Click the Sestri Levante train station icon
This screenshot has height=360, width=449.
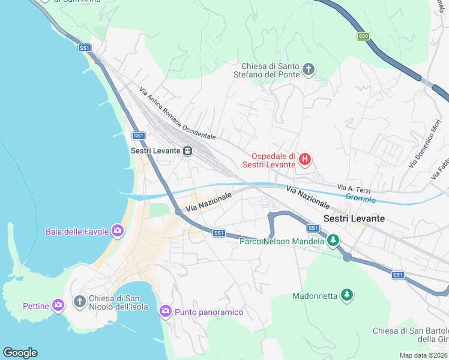click(188, 151)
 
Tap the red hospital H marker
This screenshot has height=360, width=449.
click(305, 159)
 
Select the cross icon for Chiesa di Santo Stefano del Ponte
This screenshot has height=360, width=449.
click(309, 70)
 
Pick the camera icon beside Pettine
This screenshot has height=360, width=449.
click(58, 305)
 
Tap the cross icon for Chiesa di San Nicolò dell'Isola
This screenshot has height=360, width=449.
click(79, 301)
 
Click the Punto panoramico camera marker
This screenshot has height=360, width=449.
click(166, 311)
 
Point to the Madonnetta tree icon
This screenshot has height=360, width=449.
click(346, 295)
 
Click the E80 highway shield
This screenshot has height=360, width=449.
click(363, 36)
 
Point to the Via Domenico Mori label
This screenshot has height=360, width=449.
click(424, 144)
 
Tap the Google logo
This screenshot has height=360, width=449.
click(20, 353)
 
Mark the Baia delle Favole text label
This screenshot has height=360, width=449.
click(77, 231)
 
